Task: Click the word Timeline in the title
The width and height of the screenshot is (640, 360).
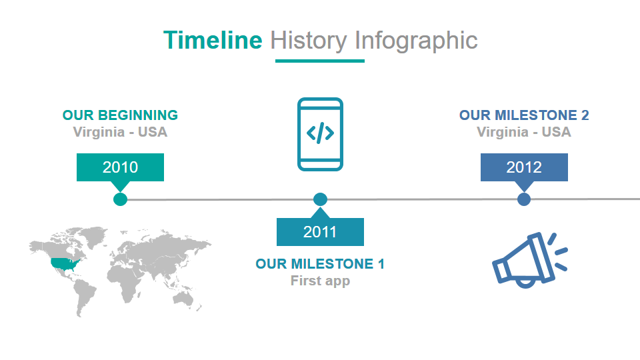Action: pyautogui.click(x=213, y=40)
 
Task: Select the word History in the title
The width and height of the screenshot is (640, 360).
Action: pyautogui.click(x=309, y=41)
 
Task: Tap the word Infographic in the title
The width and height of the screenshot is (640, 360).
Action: pyautogui.click(x=416, y=41)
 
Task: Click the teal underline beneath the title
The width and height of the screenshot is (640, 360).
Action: pyautogui.click(x=320, y=61)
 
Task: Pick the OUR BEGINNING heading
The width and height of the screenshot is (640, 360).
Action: pyautogui.click(x=120, y=115)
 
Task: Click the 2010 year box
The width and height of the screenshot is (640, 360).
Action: pyautogui.click(x=121, y=167)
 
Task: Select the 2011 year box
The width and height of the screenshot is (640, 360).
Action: pyautogui.click(x=320, y=232)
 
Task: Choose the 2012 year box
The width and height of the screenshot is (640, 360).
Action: pyautogui.click(x=524, y=167)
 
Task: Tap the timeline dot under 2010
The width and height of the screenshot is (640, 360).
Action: pyautogui.click(x=120, y=199)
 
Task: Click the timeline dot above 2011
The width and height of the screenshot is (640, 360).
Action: pyautogui.click(x=320, y=199)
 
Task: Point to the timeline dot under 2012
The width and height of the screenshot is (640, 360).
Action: pyautogui.click(x=524, y=199)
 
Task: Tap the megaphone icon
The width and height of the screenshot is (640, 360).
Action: pyautogui.click(x=529, y=260)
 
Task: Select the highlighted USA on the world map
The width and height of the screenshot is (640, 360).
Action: pyautogui.click(x=65, y=264)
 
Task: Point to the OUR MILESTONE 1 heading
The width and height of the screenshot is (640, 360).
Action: pyautogui.click(x=320, y=264)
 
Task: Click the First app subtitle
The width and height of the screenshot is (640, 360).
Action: pyautogui.click(x=320, y=281)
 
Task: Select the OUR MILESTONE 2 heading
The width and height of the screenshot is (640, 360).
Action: pyautogui.click(x=524, y=115)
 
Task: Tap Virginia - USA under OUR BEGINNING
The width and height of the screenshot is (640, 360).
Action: pyautogui.click(x=120, y=132)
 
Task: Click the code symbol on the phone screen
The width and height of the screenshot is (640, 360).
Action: pyautogui.click(x=320, y=133)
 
